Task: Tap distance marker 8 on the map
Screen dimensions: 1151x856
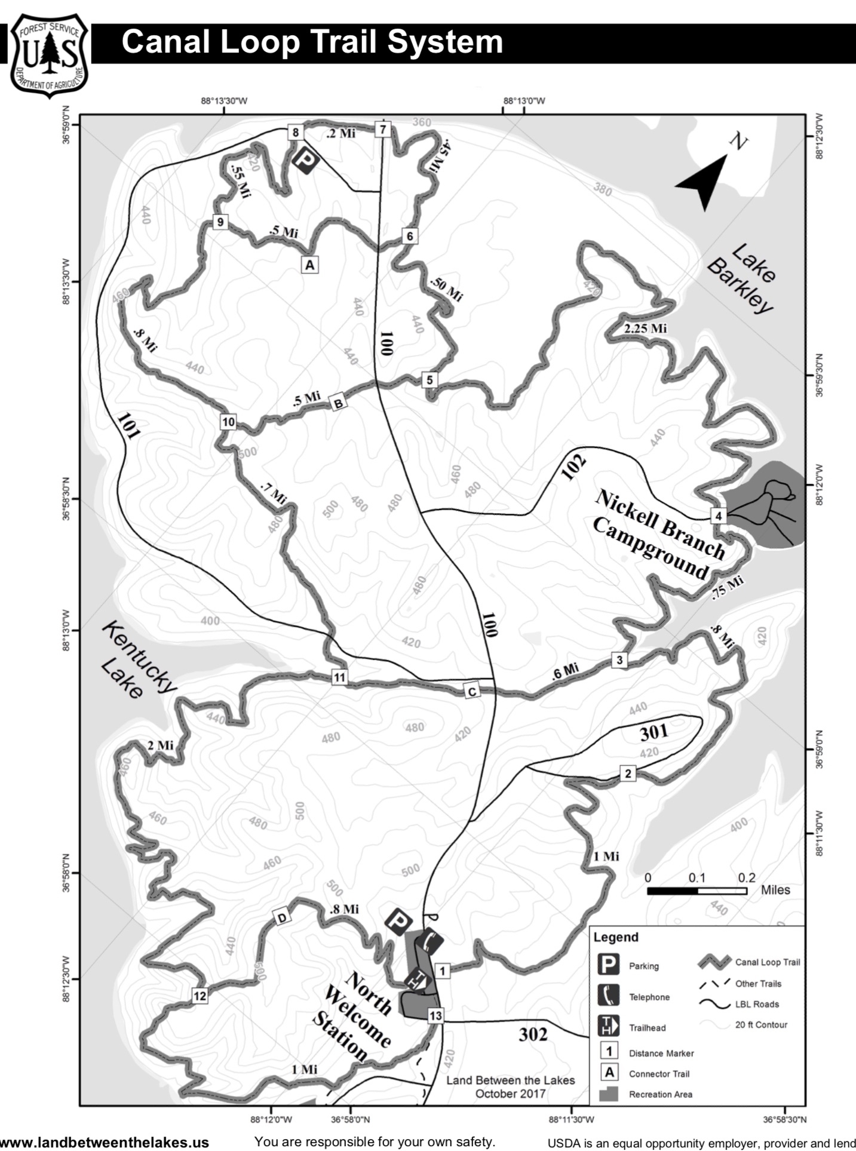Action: click(296, 131)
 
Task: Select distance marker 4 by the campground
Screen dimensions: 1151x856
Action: click(719, 515)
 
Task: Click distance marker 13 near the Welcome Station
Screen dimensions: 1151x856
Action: click(435, 1015)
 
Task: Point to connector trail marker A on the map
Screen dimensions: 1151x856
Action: click(309, 264)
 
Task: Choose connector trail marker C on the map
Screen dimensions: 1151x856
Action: click(472, 692)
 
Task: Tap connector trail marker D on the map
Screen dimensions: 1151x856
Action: click(281, 917)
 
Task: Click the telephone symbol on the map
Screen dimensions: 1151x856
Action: click(431, 942)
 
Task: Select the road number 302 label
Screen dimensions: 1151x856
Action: click(533, 1034)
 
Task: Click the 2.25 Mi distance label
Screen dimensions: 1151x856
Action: click(645, 329)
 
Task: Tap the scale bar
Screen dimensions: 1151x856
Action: click(697, 891)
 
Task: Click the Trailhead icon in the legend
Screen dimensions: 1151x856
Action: click(608, 1026)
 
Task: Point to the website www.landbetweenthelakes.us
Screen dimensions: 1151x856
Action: click(105, 1142)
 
